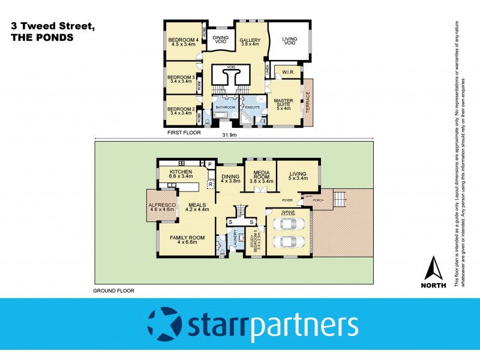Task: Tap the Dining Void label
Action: [220, 40]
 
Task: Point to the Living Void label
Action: [290, 42]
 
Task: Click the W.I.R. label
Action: [286, 73]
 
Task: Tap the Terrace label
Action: [308, 103]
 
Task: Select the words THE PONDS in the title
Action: [42, 37]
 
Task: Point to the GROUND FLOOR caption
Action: [113, 290]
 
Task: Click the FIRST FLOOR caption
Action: [184, 131]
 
